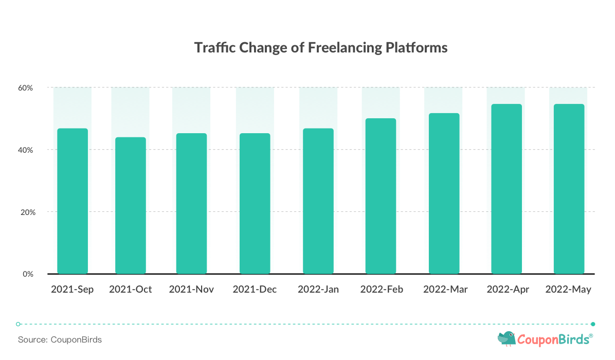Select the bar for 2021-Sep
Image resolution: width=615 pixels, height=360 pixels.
[73, 201]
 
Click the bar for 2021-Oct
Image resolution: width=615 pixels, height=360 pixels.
[131, 206]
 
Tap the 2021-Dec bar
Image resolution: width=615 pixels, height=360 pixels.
[255, 204]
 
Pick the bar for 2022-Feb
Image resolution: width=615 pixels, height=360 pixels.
[381, 196]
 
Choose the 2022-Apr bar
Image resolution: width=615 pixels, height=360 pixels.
[507, 189]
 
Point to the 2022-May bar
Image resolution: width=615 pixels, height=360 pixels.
[569, 189]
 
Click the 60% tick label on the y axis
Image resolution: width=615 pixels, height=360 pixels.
[26, 88]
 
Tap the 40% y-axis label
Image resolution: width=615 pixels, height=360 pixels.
[26, 150]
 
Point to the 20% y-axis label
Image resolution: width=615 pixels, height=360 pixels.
[28, 212]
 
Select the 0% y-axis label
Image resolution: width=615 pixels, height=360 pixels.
[28, 274]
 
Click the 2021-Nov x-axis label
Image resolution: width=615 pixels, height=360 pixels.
[191, 290]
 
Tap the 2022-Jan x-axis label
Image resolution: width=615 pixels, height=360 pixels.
[318, 290]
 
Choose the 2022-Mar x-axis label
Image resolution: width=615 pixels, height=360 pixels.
[445, 290]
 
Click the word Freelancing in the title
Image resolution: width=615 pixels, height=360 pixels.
[345, 48]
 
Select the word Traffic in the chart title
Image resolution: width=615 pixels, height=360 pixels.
[215, 48]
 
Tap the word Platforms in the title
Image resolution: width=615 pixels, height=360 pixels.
[417, 48]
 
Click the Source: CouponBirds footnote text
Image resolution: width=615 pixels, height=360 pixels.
[60, 339]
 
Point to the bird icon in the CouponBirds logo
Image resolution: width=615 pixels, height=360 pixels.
[507, 339]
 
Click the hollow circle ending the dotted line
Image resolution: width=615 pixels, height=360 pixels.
[18, 325]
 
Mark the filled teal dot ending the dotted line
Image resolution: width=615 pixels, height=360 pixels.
[593, 325]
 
